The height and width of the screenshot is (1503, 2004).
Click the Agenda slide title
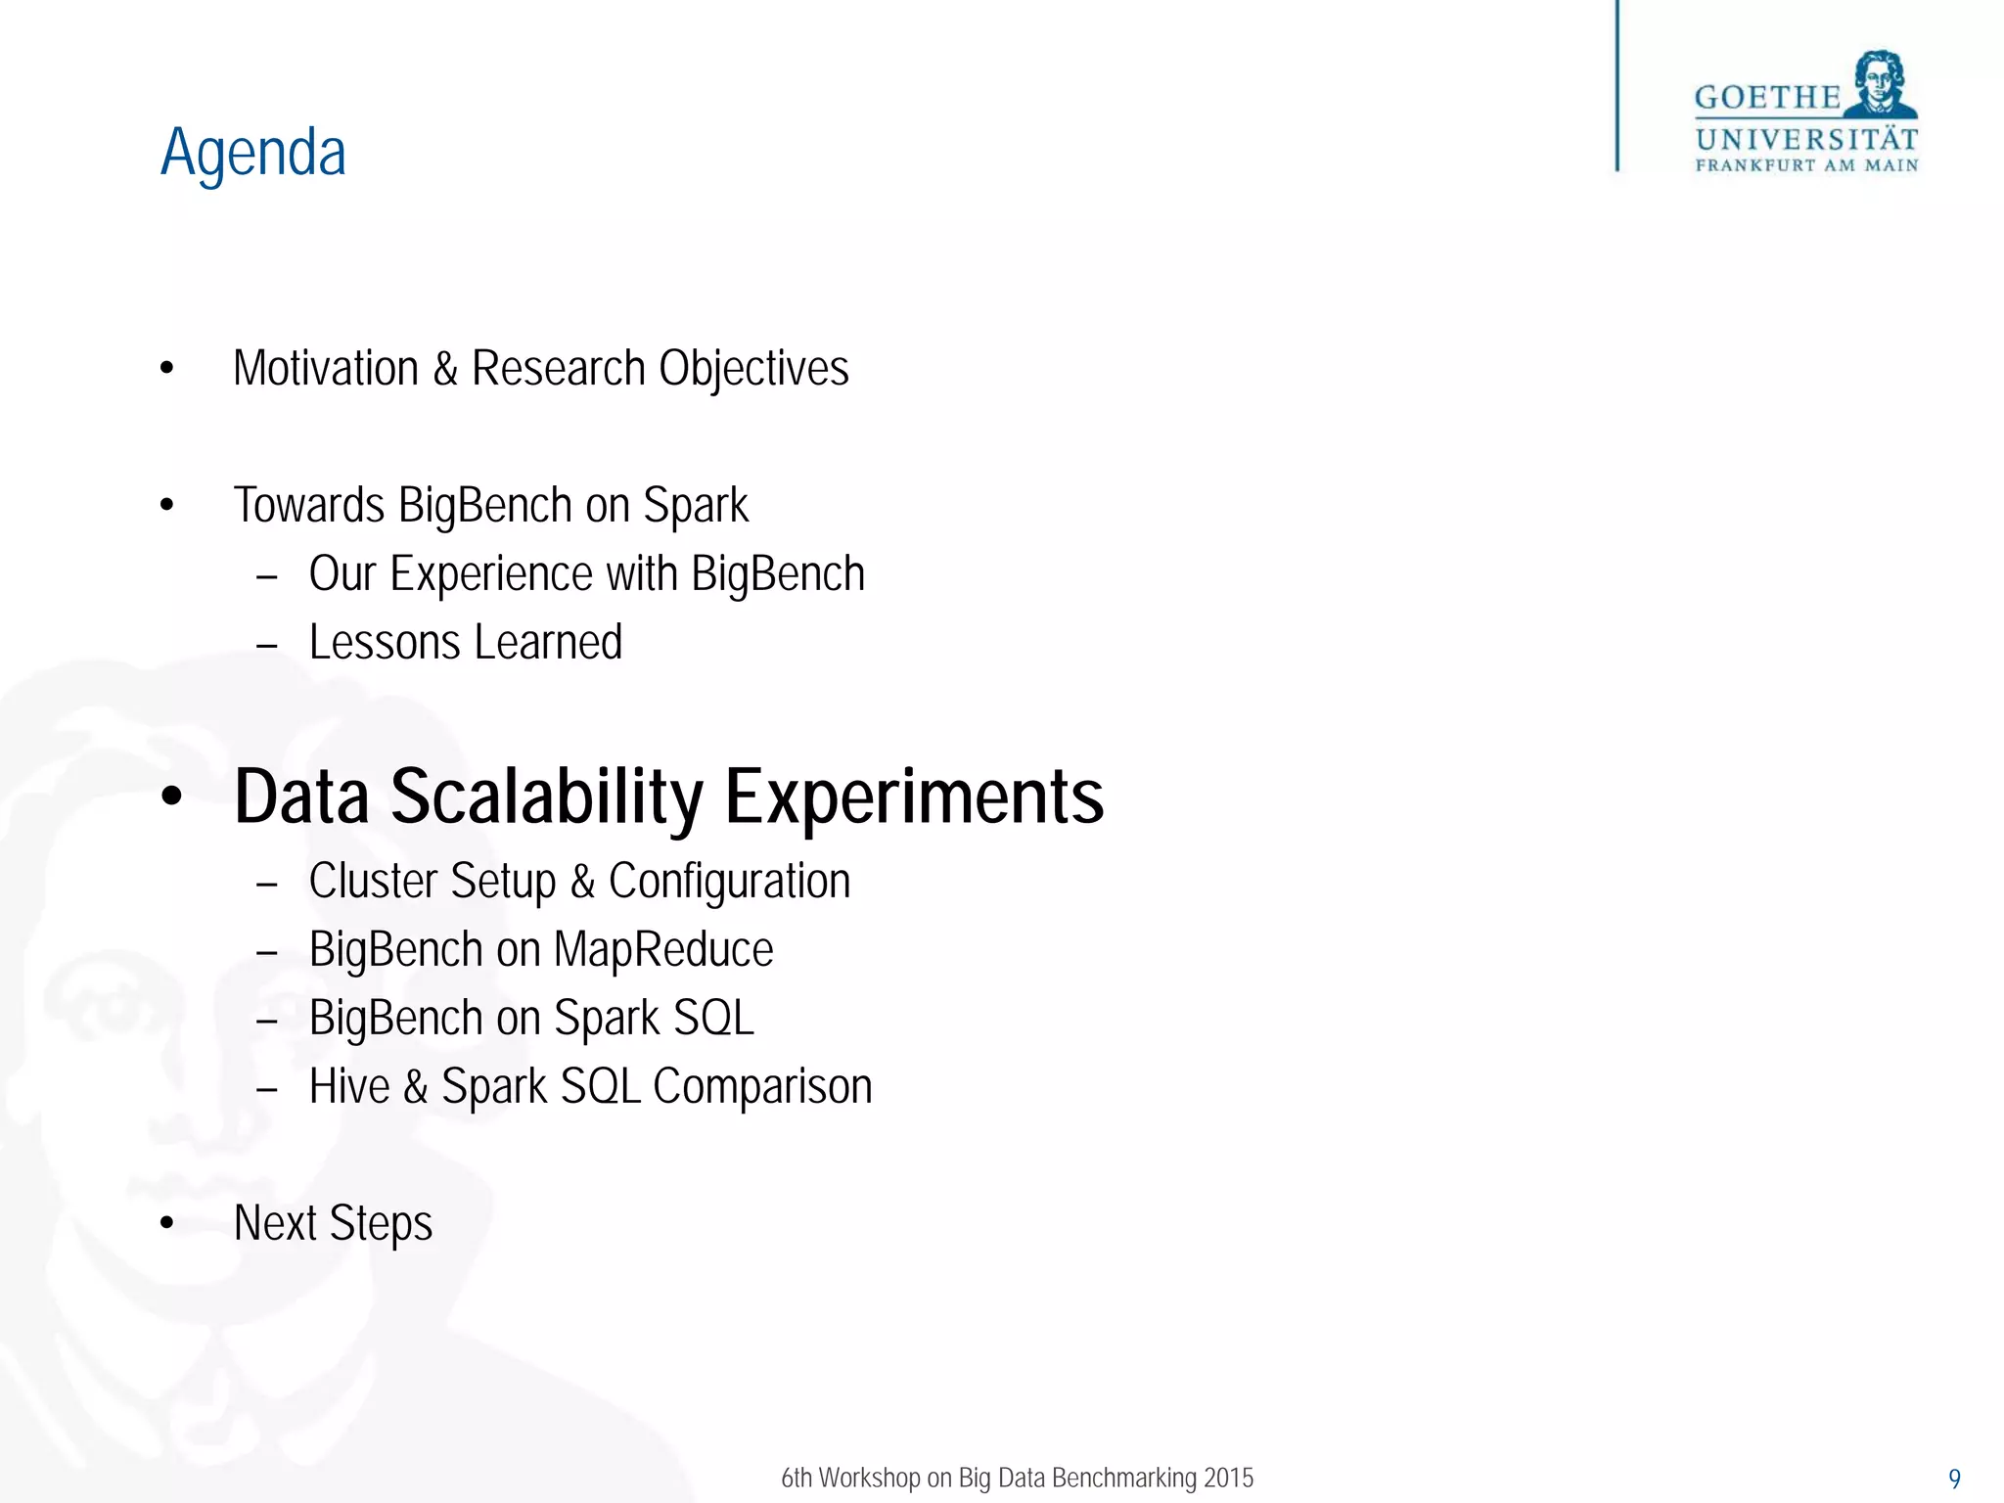(253, 154)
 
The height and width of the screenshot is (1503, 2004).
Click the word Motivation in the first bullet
(326, 369)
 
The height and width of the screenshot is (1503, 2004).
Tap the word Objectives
(753, 369)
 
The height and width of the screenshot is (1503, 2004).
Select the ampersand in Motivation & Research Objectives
(445, 370)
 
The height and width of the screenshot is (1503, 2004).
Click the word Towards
(308, 506)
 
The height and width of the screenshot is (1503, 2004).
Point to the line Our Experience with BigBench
(586, 574)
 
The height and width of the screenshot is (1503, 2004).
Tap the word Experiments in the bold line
(914, 797)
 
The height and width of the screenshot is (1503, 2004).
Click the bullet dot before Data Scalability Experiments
(171, 797)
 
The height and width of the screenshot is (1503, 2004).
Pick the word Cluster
(372, 881)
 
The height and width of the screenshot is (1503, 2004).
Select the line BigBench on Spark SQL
(531, 1018)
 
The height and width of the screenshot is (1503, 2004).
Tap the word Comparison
(762, 1086)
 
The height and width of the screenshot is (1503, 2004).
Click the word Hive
(349, 1086)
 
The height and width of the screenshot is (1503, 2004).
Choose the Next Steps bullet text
(333, 1223)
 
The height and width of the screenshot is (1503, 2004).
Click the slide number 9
(1954, 1479)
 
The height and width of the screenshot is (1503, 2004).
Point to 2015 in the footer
(1229, 1478)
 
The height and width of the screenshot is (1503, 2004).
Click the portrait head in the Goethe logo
(1880, 83)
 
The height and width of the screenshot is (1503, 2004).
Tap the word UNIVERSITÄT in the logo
(1806, 140)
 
